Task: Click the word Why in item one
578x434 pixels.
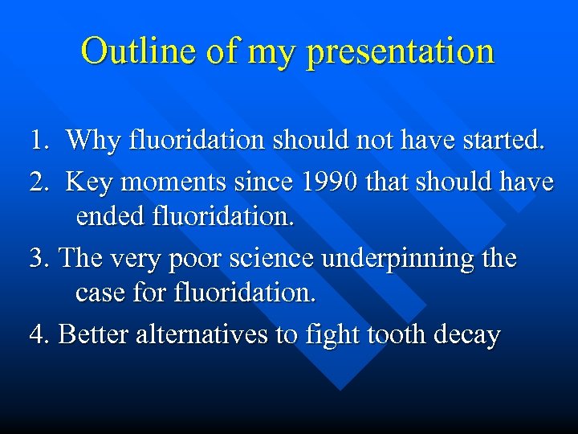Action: pos(90,141)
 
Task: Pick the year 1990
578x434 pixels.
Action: pos(329,182)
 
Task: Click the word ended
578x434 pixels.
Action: pos(108,217)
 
